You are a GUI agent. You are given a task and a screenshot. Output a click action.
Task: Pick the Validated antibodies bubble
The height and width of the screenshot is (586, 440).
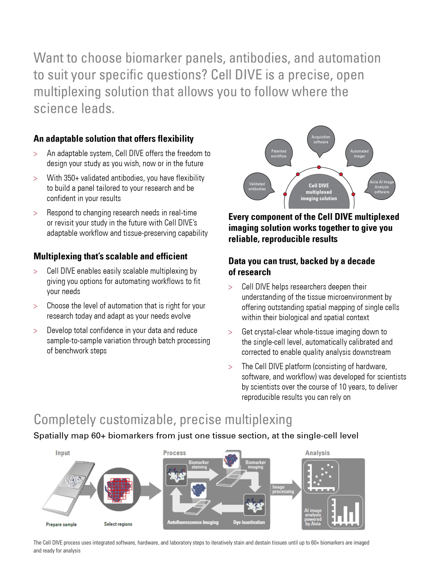click(x=257, y=186)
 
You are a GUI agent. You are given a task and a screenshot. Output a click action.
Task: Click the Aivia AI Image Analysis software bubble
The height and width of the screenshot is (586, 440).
click(x=382, y=187)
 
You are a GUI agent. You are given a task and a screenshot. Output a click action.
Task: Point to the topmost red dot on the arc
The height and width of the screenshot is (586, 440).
click(x=319, y=167)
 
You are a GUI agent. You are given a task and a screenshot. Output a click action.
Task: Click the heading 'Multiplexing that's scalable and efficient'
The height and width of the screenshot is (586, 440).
click(x=110, y=256)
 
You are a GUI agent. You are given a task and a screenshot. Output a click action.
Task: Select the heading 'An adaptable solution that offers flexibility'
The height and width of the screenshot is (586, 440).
click(x=114, y=139)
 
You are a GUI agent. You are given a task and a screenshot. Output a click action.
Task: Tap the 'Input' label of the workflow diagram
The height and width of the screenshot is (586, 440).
click(x=62, y=453)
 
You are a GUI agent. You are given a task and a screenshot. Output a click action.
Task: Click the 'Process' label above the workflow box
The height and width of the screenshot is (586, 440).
click(x=175, y=453)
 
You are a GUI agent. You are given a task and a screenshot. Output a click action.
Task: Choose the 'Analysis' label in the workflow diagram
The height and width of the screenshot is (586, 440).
click(x=317, y=453)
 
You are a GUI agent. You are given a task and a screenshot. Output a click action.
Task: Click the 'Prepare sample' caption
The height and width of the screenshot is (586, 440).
click(x=61, y=524)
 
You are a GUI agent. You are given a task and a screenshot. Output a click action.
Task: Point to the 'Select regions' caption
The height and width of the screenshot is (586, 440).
click(x=118, y=524)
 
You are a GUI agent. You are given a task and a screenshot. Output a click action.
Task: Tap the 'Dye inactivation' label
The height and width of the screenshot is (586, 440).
click(x=249, y=522)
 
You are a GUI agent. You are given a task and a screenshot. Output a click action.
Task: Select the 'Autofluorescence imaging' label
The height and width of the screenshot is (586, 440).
click(x=193, y=522)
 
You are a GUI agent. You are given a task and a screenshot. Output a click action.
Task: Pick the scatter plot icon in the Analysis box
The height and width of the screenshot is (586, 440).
click(x=321, y=477)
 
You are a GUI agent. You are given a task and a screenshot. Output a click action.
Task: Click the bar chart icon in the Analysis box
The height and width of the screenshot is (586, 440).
click(x=345, y=511)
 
